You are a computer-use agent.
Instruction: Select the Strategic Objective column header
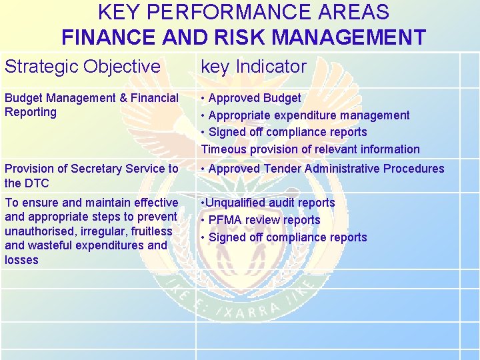pos(83,67)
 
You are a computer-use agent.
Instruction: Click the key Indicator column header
pos(253,67)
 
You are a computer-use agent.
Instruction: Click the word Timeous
pos(223,149)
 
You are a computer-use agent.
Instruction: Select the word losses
pos(21,260)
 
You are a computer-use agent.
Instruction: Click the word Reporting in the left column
pos(31,112)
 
